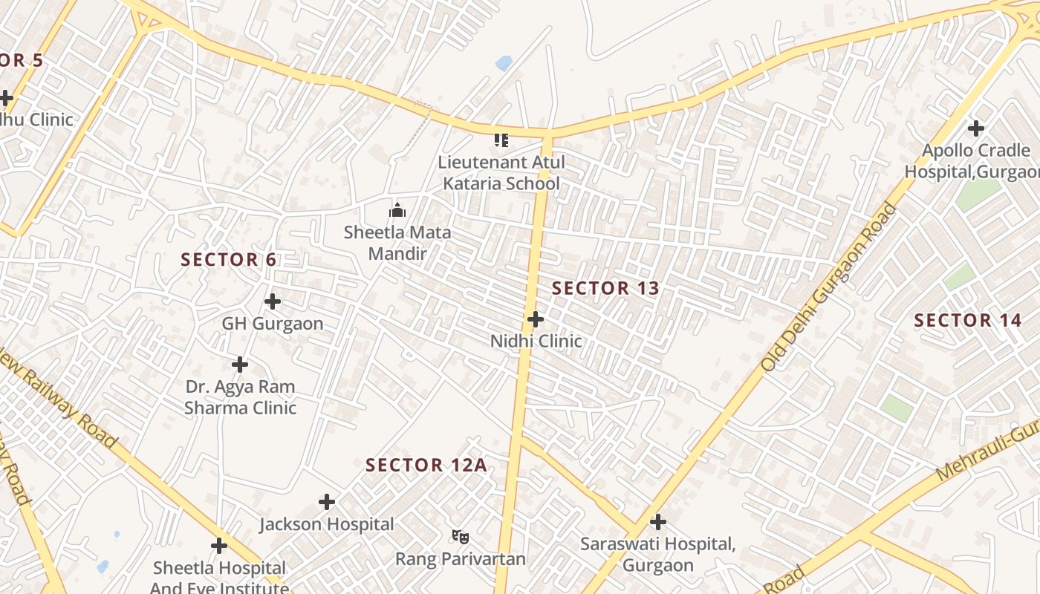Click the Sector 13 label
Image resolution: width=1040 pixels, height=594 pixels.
pyautogui.click(x=605, y=288)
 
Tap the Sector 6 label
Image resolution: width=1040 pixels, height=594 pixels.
pyautogui.click(x=229, y=260)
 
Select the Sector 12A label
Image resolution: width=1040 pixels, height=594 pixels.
pyautogui.click(x=426, y=466)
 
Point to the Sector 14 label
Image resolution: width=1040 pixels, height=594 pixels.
pyautogui.click(x=967, y=321)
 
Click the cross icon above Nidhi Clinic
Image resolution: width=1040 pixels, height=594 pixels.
pyautogui.click(x=535, y=319)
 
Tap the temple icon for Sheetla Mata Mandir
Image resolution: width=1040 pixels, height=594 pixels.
pyautogui.click(x=397, y=210)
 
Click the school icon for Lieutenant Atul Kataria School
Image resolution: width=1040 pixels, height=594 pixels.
pyautogui.click(x=501, y=140)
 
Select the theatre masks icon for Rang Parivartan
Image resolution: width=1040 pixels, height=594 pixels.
pyautogui.click(x=461, y=536)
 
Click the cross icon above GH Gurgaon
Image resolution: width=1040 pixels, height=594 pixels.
pyautogui.click(x=273, y=301)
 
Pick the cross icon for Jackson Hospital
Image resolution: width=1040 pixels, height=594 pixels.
pyautogui.click(x=327, y=503)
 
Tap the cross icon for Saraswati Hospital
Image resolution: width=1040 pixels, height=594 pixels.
pyautogui.click(x=657, y=522)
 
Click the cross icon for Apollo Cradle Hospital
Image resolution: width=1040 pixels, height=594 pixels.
pyautogui.click(x=976, y=128)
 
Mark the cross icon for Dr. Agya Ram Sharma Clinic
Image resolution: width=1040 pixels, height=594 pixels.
pyautogui.click(x=240, y=365)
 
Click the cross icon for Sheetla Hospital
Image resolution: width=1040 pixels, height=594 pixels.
pyautogui.click(x=218, y=546)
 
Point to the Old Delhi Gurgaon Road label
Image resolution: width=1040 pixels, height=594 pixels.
pyautogui.click(x=828, y=287)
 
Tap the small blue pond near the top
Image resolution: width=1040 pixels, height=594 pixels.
pyautogui.click(x=504, y=63)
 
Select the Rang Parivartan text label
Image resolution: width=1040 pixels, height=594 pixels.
pyautogui.click(x=460, y=559)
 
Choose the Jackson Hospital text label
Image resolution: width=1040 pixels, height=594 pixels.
pyautogui.click(x=327, y=524)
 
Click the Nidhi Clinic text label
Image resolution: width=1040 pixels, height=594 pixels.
pyautogui.click(x=536, y=341)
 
